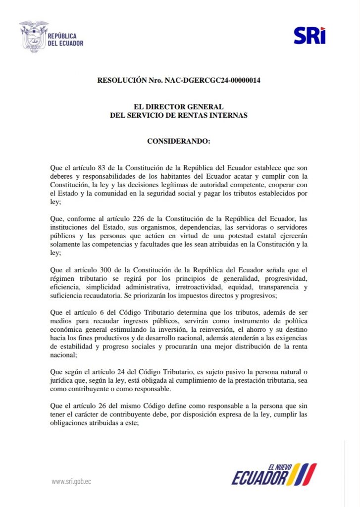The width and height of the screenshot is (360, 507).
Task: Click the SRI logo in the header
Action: click(309, 35)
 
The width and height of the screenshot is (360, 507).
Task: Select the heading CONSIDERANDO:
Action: click(179, 141)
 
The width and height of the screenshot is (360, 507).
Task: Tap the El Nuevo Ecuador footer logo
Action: click(274, 474)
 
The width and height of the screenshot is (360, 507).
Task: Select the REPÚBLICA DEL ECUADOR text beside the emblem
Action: click(65, 39)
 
